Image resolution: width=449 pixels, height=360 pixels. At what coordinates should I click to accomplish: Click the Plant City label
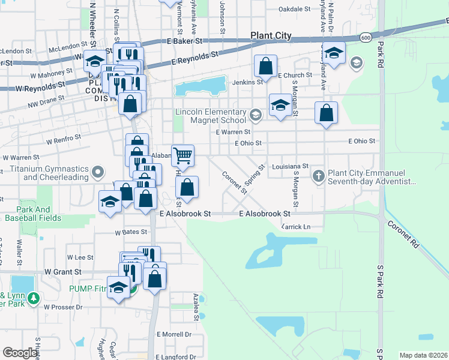271,36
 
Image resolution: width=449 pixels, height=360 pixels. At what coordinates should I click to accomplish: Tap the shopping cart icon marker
183,155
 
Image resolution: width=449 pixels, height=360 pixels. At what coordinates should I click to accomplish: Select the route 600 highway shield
366,38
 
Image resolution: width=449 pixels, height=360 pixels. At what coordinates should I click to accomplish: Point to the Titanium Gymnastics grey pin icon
98,174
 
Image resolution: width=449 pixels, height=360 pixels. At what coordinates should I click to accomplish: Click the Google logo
20,353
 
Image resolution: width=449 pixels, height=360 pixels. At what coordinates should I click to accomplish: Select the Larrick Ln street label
296,227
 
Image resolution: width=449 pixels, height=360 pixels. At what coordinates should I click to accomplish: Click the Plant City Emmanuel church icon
319,175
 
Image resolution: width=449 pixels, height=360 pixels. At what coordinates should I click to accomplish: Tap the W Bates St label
131,232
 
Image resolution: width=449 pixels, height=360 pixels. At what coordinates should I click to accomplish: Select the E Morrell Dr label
174,334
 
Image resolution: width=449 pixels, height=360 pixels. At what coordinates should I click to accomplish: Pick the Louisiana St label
290,166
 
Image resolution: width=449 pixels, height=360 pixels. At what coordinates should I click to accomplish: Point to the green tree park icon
34,298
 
